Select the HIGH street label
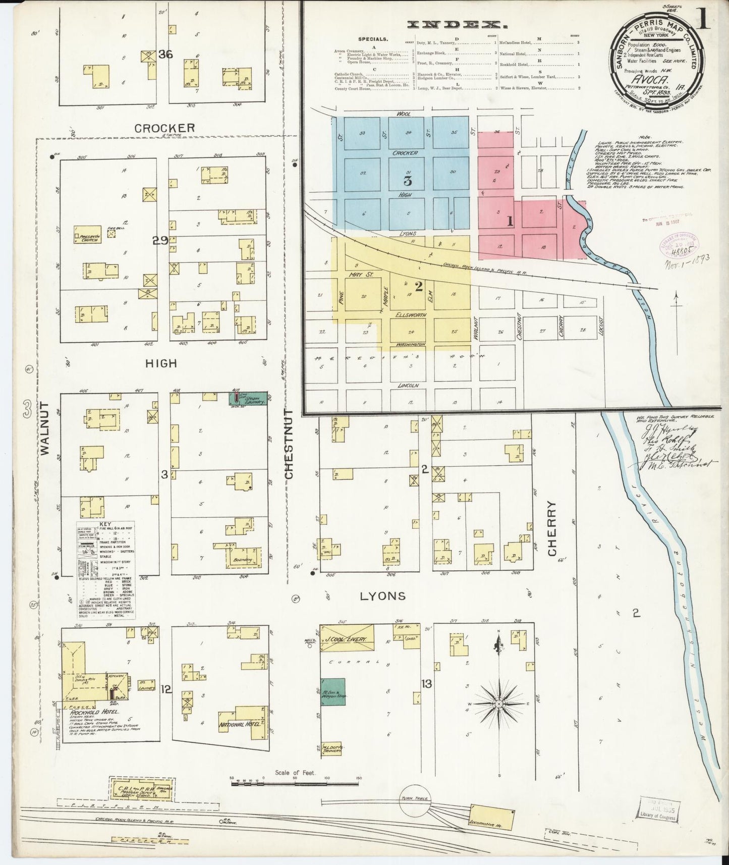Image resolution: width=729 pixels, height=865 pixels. pos(161,363)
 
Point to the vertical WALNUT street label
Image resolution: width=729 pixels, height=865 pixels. pos(44,429)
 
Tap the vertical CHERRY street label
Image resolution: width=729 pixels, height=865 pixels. pos(552,528)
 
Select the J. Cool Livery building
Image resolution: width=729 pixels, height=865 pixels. pos(348,639)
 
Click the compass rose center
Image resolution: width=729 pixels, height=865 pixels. pos(499,704)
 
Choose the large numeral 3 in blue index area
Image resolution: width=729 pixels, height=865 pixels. pos(408,181)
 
